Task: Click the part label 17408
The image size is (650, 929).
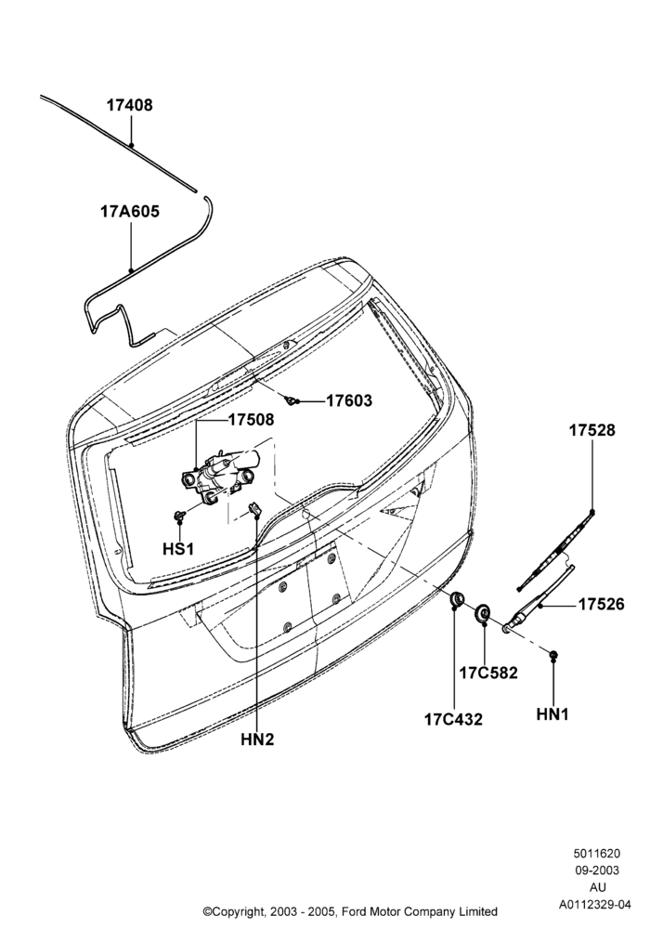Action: pos(129,106)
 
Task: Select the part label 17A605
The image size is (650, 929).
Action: pos(130,212)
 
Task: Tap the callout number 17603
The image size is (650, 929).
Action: pos(349,401)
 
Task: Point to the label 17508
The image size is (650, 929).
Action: pos(252,420)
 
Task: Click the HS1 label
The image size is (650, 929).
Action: pos(178,549)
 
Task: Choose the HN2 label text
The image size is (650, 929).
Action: pos(257,739)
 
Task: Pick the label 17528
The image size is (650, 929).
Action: pos(592,431)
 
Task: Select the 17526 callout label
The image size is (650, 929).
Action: pos(602,605)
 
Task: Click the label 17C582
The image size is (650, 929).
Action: pos(488,673)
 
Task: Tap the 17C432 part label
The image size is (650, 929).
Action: pos(453,719)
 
